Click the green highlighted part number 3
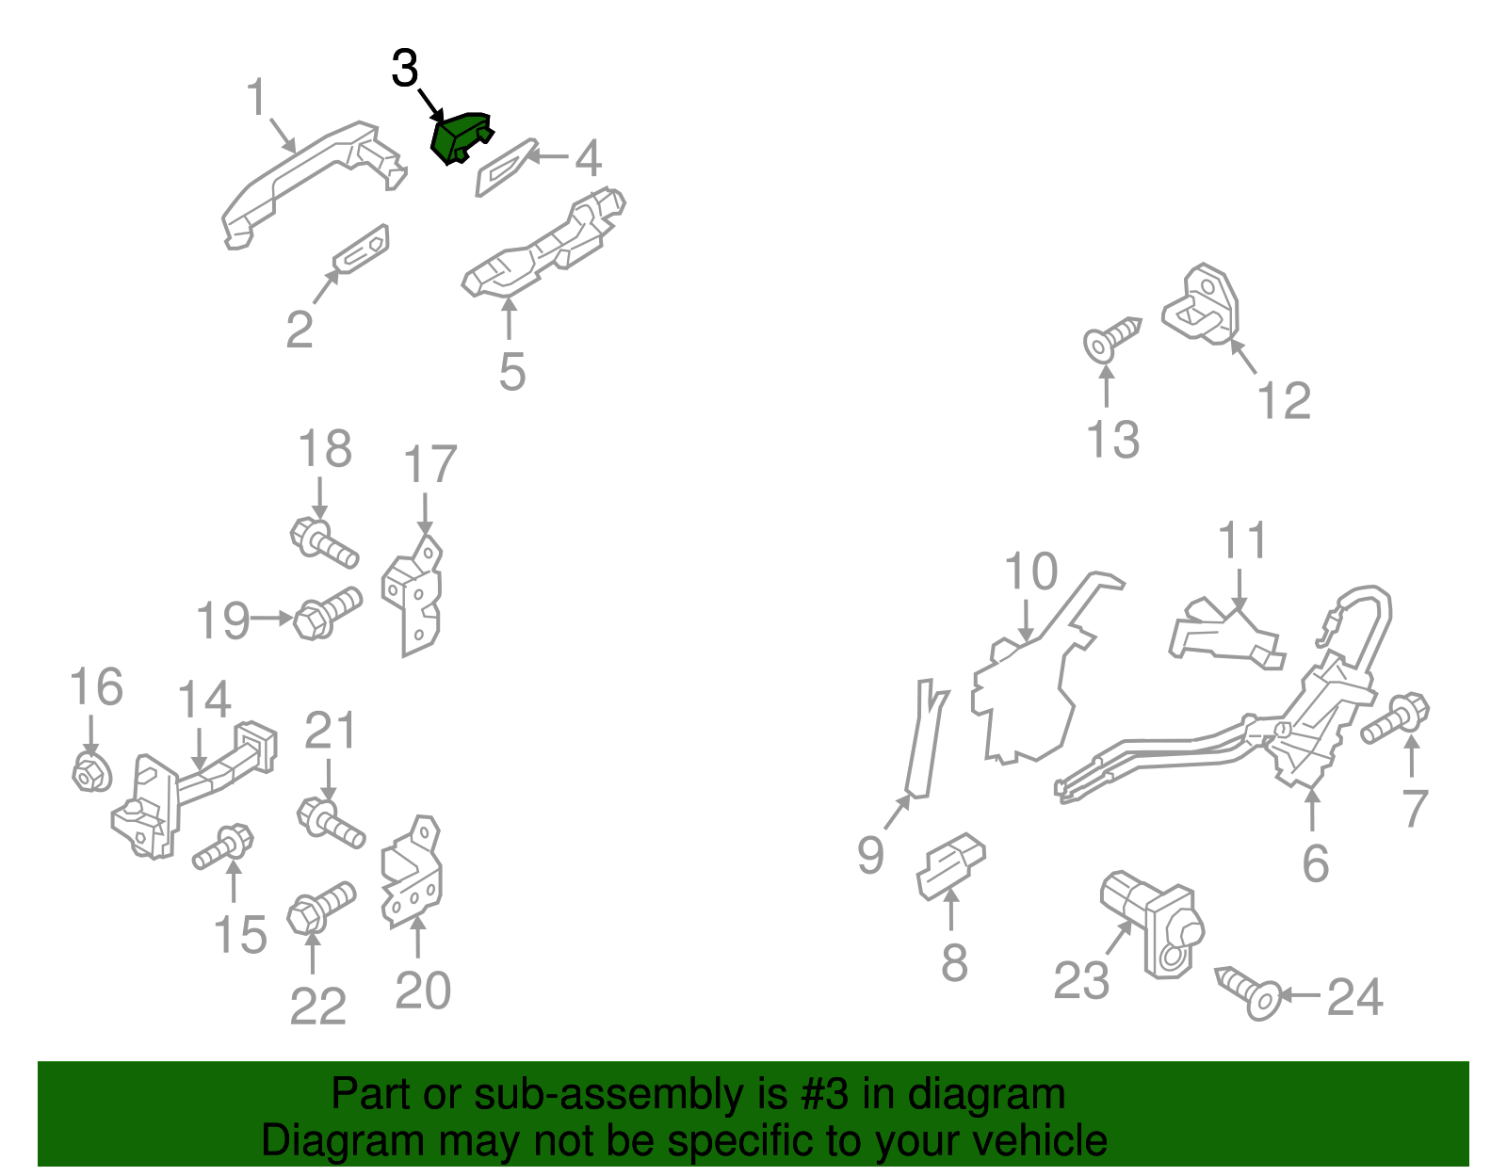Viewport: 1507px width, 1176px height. pos(460,137)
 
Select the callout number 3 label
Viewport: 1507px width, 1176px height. pos(405,69)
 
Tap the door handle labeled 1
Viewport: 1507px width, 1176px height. pos(312,184)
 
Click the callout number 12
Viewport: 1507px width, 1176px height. pos(1284,400)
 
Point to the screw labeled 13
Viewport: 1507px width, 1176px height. pos(1111,339)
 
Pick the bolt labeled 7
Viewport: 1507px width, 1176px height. pos(1395,718)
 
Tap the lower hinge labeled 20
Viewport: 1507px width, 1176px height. pos(412,873)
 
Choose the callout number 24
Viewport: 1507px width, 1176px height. pos(1354,996)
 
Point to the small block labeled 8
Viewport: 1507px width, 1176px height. pos(950,866)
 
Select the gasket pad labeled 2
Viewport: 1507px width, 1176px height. pos(361,249)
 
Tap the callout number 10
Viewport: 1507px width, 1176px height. pos(1030,572)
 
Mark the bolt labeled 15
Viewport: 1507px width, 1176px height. pos(222,846)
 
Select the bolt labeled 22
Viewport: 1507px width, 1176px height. pos(321,908)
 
